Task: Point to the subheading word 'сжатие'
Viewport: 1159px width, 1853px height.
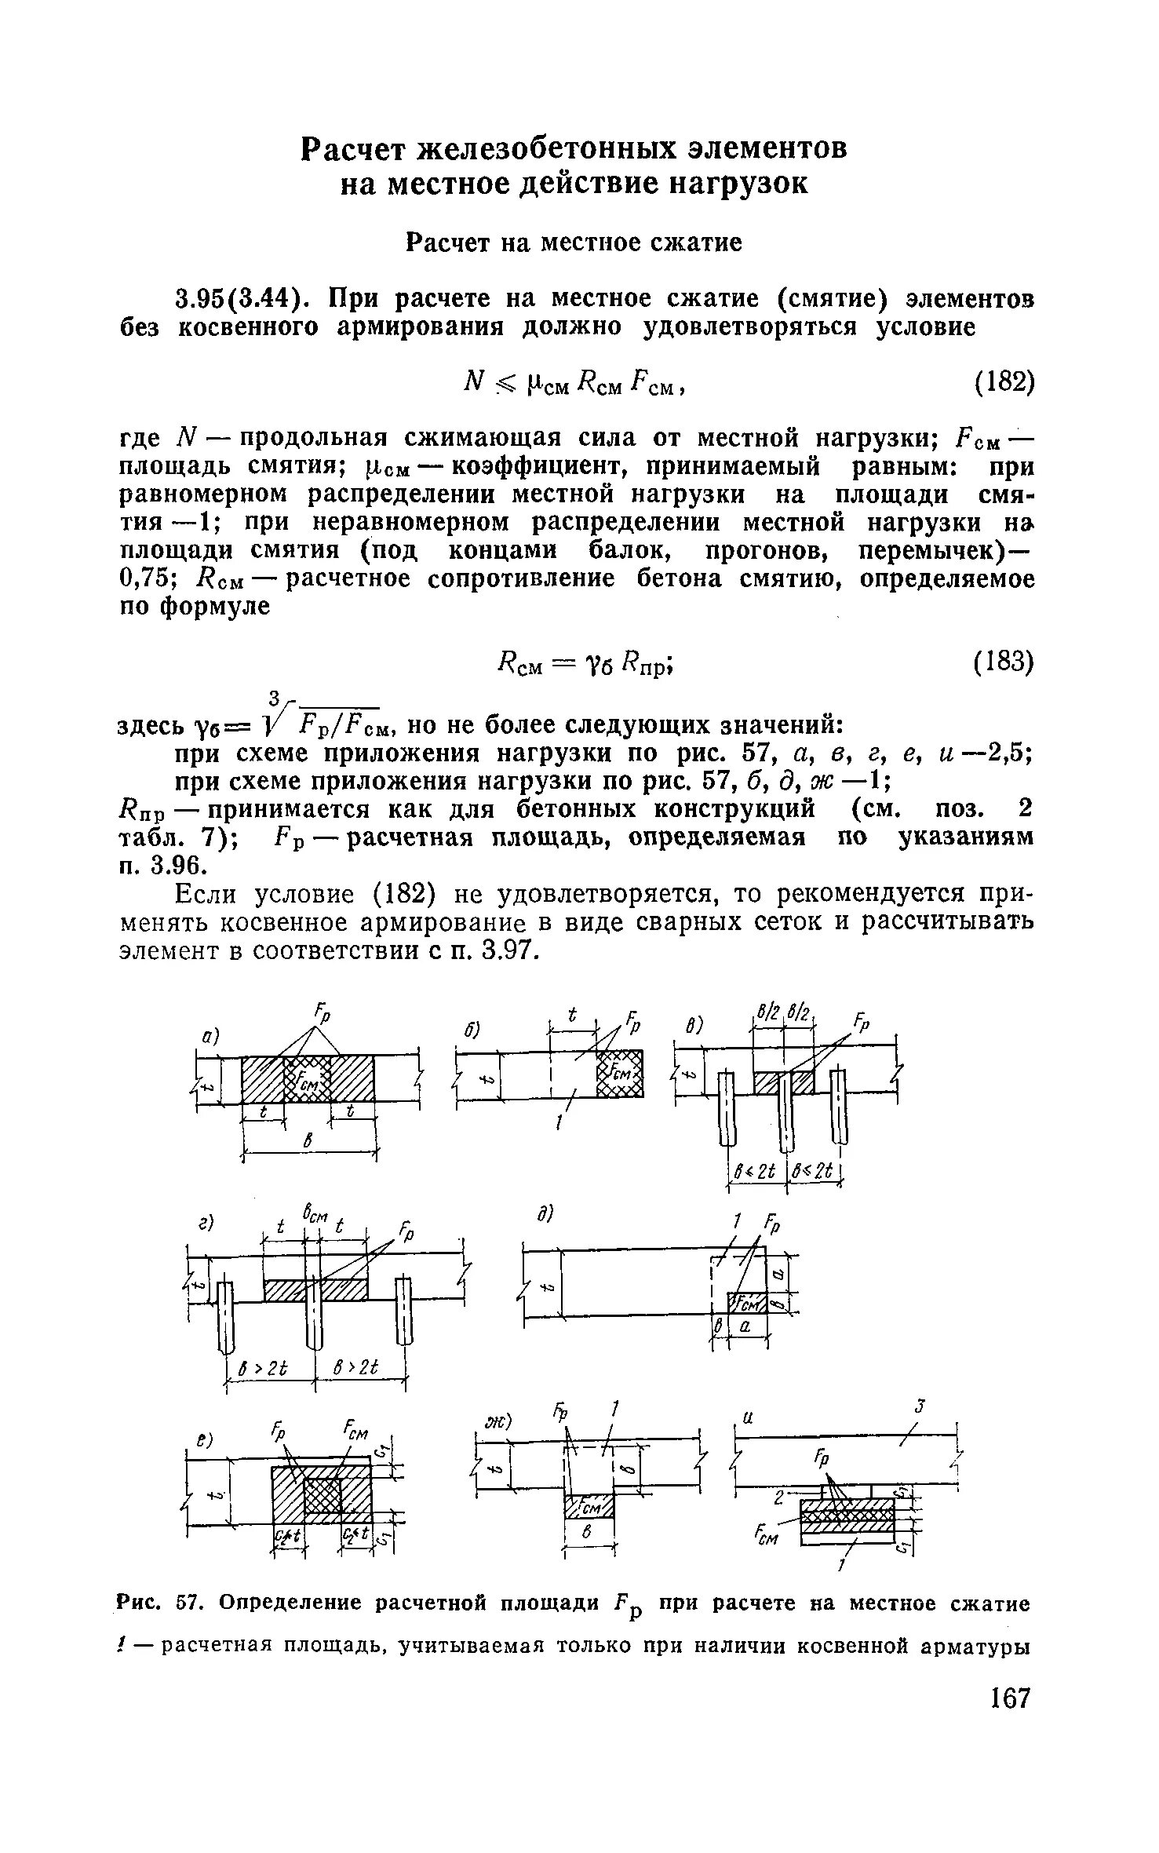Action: pos(696,243)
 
